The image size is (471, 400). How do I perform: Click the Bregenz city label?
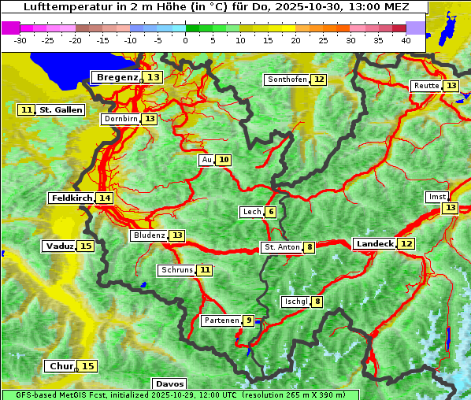click(x=117, y=77)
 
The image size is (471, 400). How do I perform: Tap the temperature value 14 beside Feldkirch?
click(x=104, y=198)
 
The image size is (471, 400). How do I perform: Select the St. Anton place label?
click(x=282, y=247)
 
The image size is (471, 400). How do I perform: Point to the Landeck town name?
click(x=374, y=244)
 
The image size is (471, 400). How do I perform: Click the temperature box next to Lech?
click(x=270, y=212)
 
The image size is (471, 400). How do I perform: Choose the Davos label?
click(x=170, y=383)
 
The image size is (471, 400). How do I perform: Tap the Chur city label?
click(x=61, y=366)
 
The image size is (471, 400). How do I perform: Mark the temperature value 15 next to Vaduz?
click(x=86, y=246)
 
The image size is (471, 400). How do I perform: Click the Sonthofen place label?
click(x=287, y=80)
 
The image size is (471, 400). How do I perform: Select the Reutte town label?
click(x=426, y=86)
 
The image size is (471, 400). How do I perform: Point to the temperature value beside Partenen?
click(x=248, y=320)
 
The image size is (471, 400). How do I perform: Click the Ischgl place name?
click(x=295, y=302)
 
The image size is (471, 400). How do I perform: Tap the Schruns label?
click(x=176, y=270)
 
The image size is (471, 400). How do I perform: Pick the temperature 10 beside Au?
click(x=224, y=160)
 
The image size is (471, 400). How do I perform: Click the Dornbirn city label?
click(x=121, y=119)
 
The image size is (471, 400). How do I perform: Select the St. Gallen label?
click(x=61, y=110)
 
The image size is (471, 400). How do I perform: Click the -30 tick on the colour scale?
click(x=20, y=40)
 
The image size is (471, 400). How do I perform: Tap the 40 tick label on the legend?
click(x=406, y=40)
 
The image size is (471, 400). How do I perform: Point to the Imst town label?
click(x=436, y=197)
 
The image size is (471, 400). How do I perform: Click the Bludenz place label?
click(x=149, y=235)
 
